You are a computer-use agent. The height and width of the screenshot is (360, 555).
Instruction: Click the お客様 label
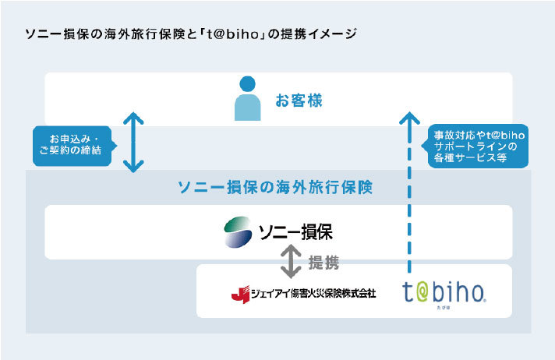point(299,101)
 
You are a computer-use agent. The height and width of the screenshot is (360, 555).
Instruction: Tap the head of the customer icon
point(247,84)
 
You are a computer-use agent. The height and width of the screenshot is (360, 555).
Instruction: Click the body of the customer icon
point(247,108)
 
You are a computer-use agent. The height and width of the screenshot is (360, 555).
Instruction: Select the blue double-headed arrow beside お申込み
point(133,143)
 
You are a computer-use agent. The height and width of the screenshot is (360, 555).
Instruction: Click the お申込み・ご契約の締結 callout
point(72,146)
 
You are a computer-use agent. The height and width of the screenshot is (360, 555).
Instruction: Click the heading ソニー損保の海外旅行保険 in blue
point(275,187)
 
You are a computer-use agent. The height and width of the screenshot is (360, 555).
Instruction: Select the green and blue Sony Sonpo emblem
point(238,232)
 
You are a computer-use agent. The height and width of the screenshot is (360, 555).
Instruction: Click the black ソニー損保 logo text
point(296,232)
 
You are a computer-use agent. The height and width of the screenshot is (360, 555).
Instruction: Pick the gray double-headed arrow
point(291,262)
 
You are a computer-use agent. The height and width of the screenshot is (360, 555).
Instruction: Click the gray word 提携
point(323,263)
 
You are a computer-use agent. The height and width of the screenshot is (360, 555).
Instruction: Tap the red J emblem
point(240,295)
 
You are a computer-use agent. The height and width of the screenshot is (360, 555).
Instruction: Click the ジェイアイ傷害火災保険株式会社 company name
point(313,294)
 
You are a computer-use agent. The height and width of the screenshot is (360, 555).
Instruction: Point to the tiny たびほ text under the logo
point(444,308)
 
